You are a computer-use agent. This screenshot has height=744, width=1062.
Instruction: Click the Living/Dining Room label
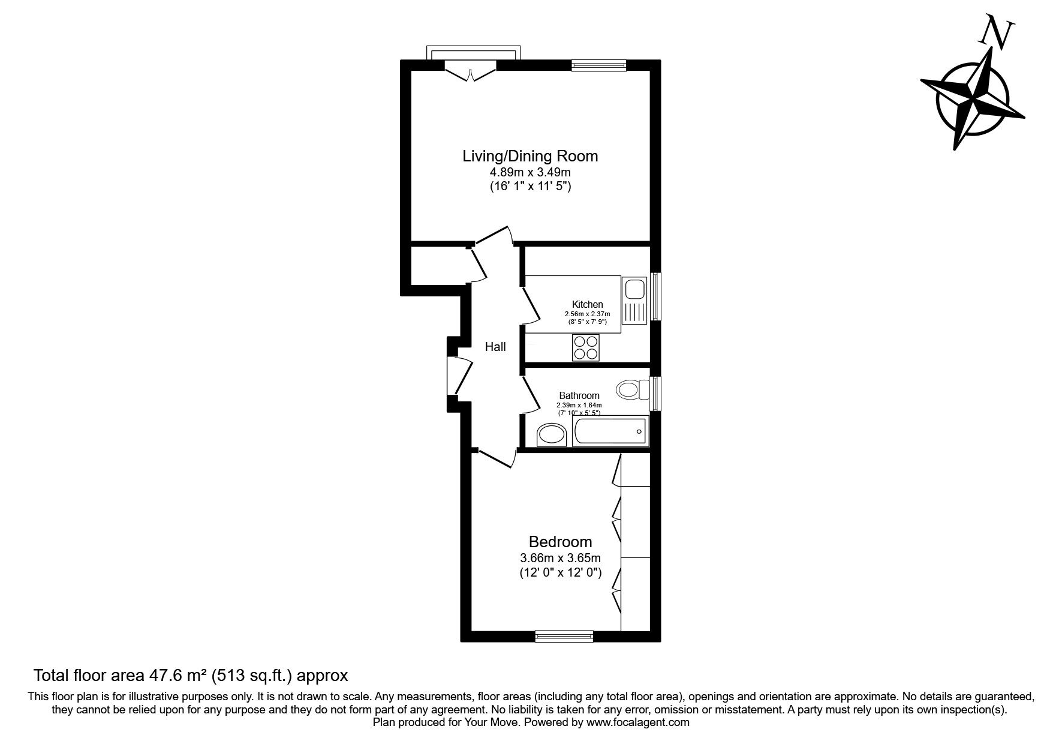[x=530, y=156]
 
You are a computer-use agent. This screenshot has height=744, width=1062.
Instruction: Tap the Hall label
[x=495, y=347]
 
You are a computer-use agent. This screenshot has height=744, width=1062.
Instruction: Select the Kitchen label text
[x=587, y=305]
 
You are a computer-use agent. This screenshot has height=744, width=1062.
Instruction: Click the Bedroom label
[x=560, y=542]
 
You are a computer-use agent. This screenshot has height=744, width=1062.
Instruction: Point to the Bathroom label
[x=579, y=395]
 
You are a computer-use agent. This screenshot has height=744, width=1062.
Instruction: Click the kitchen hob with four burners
[x=586, y=347]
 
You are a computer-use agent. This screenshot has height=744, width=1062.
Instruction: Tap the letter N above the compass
[x=996, y=31]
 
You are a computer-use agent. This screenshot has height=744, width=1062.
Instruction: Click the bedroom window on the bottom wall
[x=564, y=635]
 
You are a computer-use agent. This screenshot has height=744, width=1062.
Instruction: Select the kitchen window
[x=655, y=297]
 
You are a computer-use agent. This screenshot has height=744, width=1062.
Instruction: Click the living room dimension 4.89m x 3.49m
[x=530, y=173]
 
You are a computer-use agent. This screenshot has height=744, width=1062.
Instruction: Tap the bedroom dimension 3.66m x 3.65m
[x=560, y=558]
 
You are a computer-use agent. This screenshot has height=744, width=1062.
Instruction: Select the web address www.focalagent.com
[x=638, y=723]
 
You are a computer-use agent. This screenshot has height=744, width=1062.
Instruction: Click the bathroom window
[x=655, y=394]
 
